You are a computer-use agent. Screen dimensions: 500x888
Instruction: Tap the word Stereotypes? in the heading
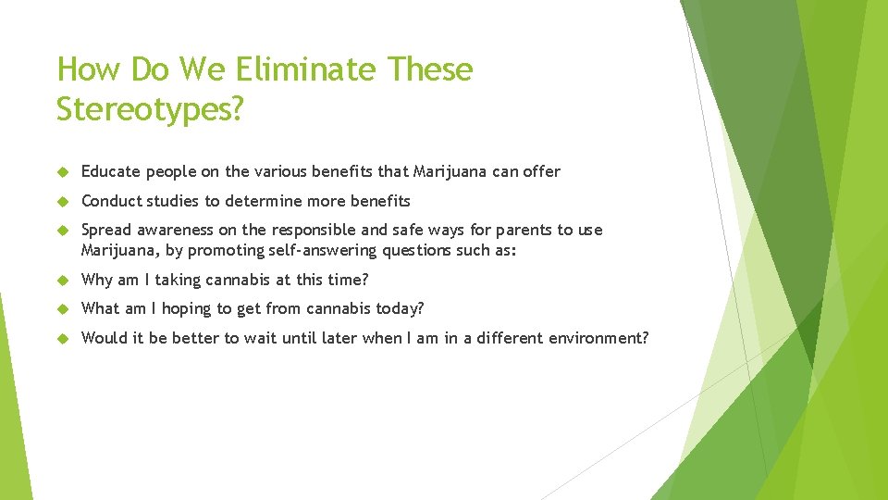pos(151,108)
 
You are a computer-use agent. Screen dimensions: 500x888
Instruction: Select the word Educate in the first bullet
pos(109,171)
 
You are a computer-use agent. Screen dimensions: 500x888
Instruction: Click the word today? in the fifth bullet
pos(401,308)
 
